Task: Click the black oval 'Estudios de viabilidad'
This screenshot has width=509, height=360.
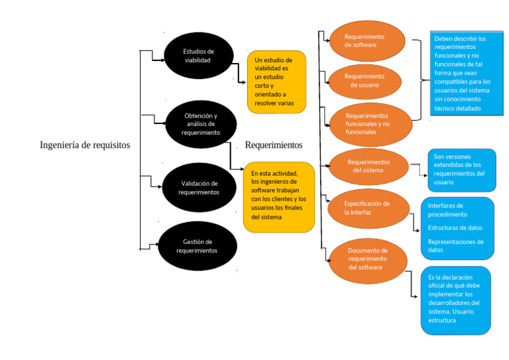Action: click(x=198, y=56)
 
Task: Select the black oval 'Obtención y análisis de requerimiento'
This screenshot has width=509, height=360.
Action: click(x=201, y=124)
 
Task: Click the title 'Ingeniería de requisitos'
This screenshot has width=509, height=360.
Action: click(x=85, y=145)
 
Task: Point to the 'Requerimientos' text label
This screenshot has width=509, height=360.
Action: click(x=273, y=145)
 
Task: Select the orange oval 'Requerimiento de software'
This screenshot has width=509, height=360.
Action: click(x=367, y=41)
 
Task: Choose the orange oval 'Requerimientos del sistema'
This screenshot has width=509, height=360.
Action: click(x=368, y=166)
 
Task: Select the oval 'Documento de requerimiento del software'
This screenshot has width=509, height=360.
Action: click(x=367, y=259)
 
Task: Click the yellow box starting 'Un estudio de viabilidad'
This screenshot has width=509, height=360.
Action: click(x=276, y=82)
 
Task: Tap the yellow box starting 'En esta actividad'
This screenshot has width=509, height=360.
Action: click(x=278, y=197)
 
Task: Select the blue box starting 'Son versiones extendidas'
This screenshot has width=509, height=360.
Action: click(x=461, y=170)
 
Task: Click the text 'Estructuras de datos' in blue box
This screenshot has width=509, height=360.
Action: click(x=455, y=228)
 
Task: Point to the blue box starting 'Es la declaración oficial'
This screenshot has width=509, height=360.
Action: click(x=456, y=300)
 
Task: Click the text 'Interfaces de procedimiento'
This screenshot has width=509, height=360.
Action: click(x=447, y=210)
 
